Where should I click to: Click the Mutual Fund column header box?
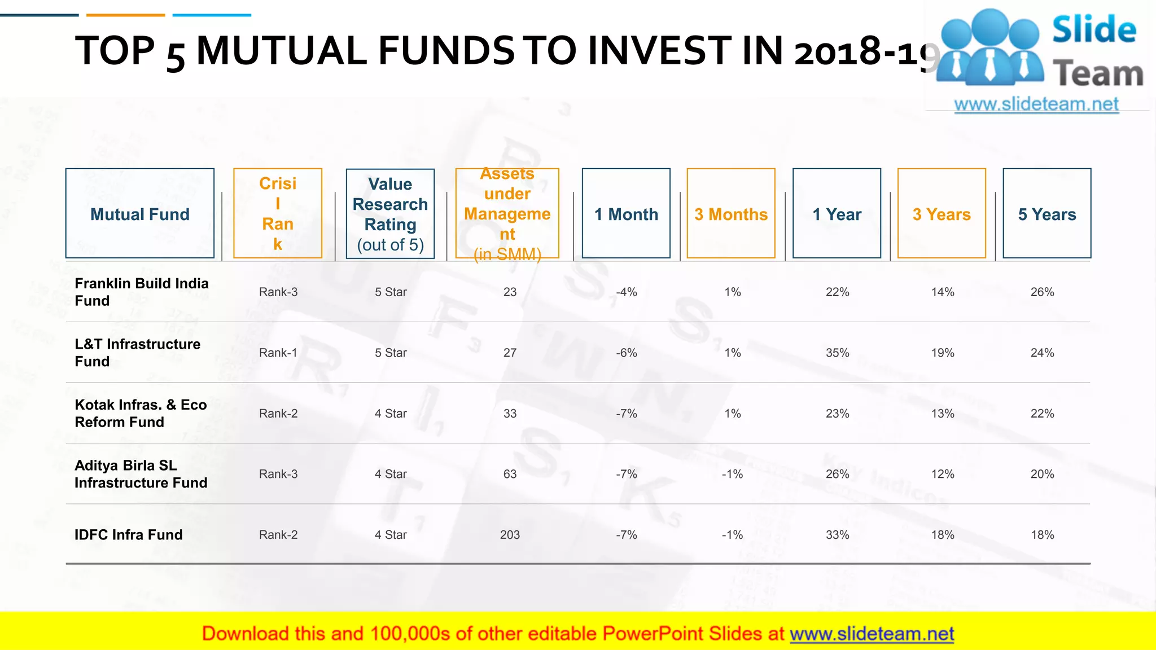click(139, 214)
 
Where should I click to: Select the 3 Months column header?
click(731, 214)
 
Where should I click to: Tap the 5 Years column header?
click(1046, 214)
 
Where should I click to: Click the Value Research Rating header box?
click(390, 214)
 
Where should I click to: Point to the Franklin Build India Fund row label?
click(141, 292)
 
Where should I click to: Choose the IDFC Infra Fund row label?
click(129, 534)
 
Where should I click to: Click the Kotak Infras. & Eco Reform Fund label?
click(141, 413)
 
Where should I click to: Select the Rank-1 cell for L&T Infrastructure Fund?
click(278, 353)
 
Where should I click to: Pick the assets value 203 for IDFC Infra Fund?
click(510, 534)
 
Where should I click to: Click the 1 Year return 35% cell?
click(837, 353)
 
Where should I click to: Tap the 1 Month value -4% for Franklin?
click(626, 292)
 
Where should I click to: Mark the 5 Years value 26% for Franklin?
click(1042, 292)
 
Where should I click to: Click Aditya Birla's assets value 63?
click(510, 474)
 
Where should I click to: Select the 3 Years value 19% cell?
click(942, 353)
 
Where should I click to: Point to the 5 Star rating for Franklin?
click(391, 292)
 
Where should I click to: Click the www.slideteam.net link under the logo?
click(1036, 104)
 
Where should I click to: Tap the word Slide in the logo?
click(1094, 30)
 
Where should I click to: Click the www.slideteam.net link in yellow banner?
click(872, 634)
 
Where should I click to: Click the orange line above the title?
click(126, 15)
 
